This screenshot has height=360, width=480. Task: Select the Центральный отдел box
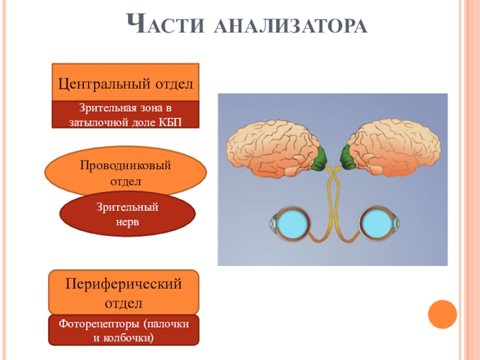click(125, 83)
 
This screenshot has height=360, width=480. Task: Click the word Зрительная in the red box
click(106, 109)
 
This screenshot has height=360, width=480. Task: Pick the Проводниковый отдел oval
click(125, 171)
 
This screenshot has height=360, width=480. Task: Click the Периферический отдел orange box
click(124, 290)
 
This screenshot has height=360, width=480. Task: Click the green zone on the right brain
click(348, 157)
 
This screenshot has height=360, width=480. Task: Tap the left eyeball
click(290, 224)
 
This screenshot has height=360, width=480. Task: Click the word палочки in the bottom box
click(169, 324)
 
